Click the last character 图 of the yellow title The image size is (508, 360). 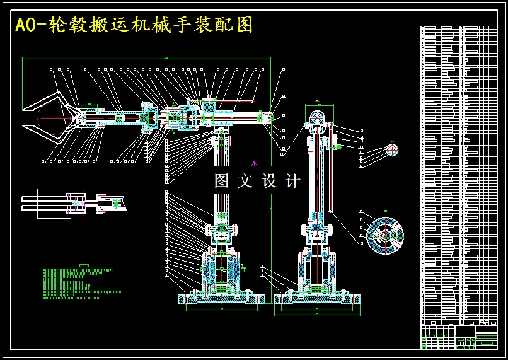(x=245, y=25)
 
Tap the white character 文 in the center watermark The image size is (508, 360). (x=245, y=182)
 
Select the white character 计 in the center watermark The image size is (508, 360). (x=293, y=182)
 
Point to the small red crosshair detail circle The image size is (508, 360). (x=392, y=149)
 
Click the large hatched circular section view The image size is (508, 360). (x=384, y=235)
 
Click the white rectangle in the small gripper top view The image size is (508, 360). (x=54, y=203)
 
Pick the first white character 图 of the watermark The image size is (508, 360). (x=221, y=182)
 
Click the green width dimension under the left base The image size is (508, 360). (x=221, y=309)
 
